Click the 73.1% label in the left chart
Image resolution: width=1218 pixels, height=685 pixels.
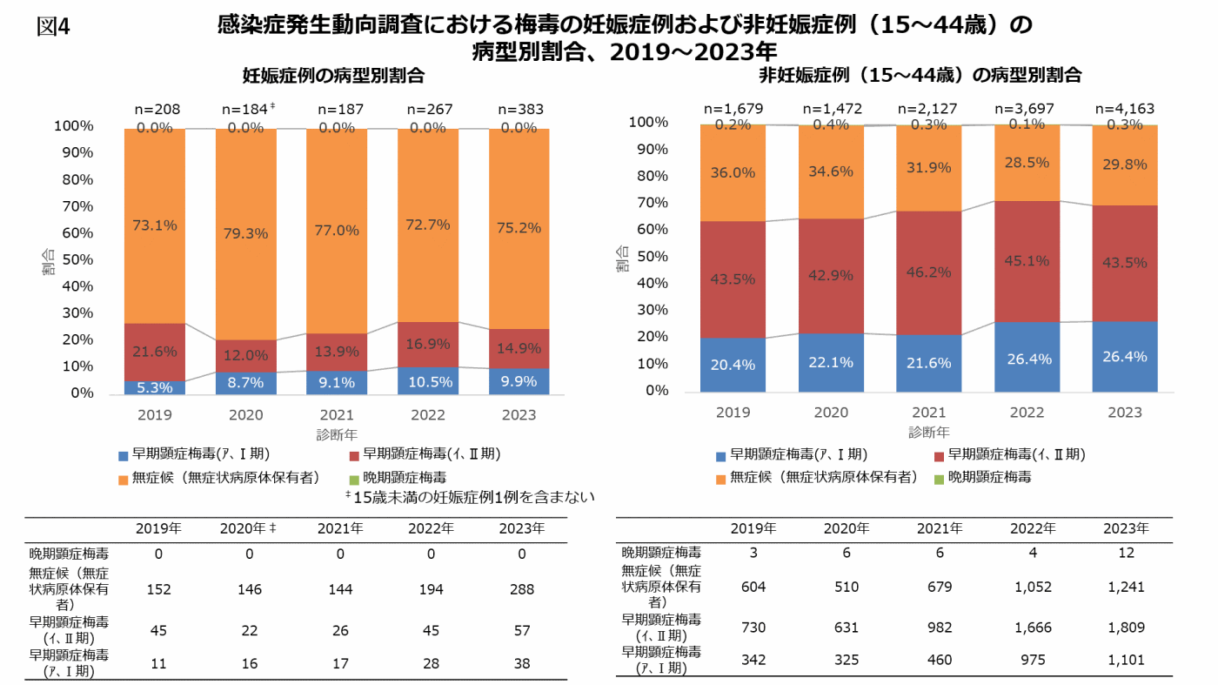155,225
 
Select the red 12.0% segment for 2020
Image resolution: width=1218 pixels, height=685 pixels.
246,355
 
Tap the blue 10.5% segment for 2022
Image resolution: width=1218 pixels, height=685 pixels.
428,380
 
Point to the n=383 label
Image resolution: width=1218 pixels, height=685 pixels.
520,110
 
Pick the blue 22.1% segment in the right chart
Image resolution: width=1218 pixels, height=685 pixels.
830,362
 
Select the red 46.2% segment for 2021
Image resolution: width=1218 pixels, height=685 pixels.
928,272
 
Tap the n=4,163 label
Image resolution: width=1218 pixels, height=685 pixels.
1126,109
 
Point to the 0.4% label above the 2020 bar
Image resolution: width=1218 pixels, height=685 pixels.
830,125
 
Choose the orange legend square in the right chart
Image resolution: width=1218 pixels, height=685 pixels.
720,478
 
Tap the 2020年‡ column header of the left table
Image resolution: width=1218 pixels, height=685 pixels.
248,528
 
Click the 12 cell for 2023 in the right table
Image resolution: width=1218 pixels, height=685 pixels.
1126,553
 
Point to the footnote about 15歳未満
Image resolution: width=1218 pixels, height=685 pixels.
469,497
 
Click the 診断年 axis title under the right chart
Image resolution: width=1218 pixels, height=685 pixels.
928,432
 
